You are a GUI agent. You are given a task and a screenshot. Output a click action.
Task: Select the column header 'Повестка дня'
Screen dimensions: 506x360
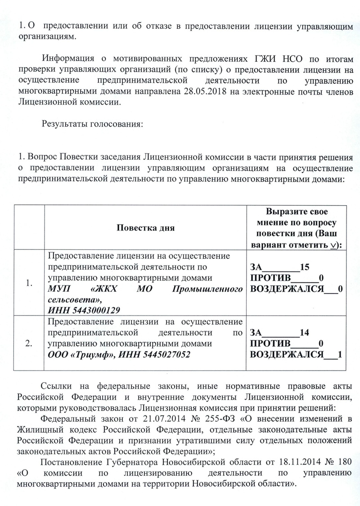click(x=145, y=227)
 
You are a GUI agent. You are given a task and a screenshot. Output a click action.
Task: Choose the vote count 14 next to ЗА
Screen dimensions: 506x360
click(x=304, y=333)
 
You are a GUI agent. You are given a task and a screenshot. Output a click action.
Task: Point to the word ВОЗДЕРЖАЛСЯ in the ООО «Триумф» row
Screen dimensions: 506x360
click(x=287, y=354)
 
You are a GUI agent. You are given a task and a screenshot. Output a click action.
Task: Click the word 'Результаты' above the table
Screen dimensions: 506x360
click(x=64, y=124)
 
